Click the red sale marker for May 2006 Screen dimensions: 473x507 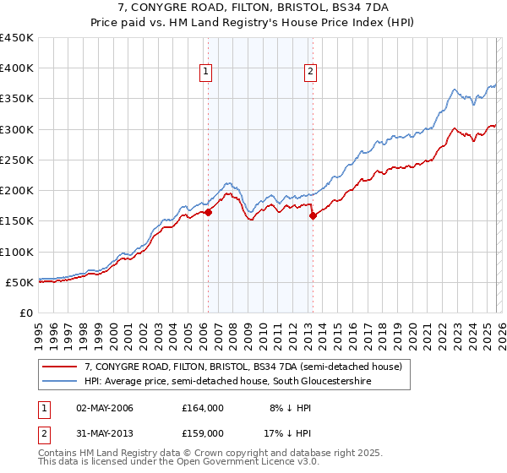tap(208, 213)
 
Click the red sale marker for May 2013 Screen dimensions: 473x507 tap(313, 215)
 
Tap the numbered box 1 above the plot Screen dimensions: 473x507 tap(206, 72)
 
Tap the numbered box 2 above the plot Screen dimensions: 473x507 tap(311, 72)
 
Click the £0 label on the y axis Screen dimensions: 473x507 tap(26, 313)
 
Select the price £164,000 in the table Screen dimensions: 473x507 tap(202, 408)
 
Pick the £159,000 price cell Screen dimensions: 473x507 tap(202, 433)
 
